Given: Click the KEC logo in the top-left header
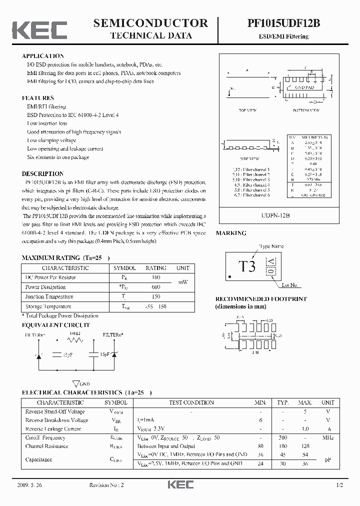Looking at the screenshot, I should tap(39, 29).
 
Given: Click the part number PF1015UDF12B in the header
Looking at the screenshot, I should tap(283, 23).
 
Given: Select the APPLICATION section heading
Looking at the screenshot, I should tap(43, 56).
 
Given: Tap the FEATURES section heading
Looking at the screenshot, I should tap(38, 98).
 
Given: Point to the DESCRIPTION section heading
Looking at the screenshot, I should tap(42, 173).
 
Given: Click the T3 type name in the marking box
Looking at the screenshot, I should tap(247, 266).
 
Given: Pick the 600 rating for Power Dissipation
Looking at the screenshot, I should tap(156, 287).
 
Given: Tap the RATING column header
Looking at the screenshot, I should tap(155, 268).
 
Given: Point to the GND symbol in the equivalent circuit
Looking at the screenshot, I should tap(77, 383).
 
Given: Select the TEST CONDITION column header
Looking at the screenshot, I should tap(191, 402).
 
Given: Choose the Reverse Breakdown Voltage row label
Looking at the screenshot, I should tap(56, 420).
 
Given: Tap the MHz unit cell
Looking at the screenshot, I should tap(327, 437).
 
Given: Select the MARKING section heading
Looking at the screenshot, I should tap(230, 233).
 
